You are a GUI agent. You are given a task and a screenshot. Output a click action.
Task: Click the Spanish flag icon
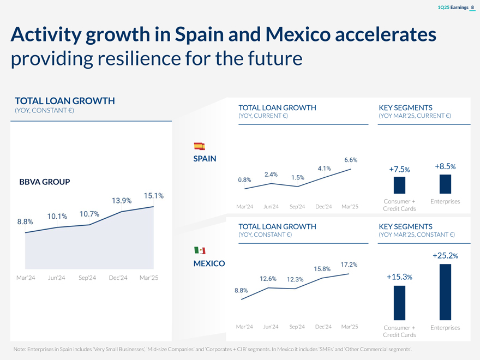click(199, 146)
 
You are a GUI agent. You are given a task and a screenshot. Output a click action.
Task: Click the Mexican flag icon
click(200, 250)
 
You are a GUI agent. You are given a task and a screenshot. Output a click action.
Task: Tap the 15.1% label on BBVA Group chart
click(154, 196)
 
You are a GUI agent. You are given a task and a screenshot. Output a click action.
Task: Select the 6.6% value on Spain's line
click(351, 160)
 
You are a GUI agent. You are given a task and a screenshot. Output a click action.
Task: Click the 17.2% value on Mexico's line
click(349, 265)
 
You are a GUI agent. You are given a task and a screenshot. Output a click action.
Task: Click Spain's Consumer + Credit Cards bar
click(399, 185)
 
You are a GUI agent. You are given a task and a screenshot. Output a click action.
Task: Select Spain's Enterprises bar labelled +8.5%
click(445, 184)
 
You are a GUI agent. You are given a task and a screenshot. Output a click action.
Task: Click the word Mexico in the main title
click(297, 35)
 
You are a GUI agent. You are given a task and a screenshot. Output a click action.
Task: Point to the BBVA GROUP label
click(44, 182)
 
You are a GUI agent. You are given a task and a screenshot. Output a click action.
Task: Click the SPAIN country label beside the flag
click(205, 159)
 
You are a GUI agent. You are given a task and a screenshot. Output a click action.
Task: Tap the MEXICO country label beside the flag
click(209, 263)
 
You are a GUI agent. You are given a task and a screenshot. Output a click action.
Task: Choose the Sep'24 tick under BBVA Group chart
click(87, 278)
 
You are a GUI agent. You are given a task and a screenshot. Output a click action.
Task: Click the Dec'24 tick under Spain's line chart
click(323, 206)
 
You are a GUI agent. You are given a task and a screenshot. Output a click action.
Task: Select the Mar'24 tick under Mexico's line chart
click(244, 327)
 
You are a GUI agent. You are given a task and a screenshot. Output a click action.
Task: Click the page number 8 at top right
click(472, 7)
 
